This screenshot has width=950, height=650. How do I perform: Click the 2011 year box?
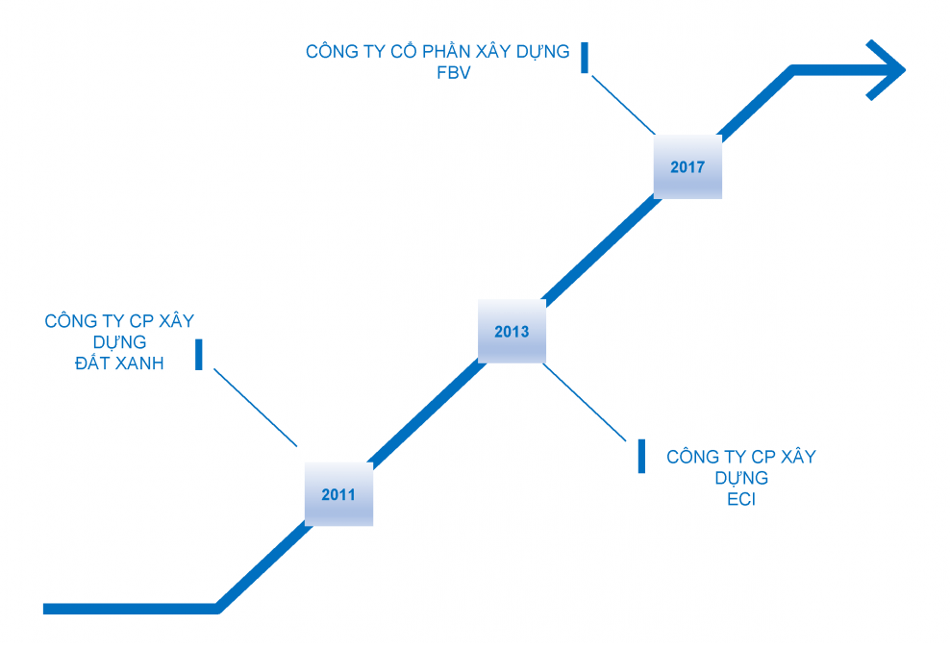point(338,494)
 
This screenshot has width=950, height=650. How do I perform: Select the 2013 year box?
point(512,332)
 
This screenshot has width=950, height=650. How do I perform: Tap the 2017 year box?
point(687,166)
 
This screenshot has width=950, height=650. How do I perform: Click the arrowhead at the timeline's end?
point(885,69)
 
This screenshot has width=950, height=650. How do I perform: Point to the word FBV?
point(454,72)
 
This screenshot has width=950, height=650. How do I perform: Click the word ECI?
point(741,500)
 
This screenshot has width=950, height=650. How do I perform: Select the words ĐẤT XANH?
point(119,363)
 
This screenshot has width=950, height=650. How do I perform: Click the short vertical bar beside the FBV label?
point(586,57)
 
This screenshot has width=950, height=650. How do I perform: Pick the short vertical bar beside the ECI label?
point(641,456)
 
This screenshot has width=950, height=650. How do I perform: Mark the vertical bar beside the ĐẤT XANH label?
point(199,354)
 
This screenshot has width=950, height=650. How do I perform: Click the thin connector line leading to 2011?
point(255,408)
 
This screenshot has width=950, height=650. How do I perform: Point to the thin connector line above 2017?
point(623,105)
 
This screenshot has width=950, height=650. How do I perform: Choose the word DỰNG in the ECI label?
point(741,478)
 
